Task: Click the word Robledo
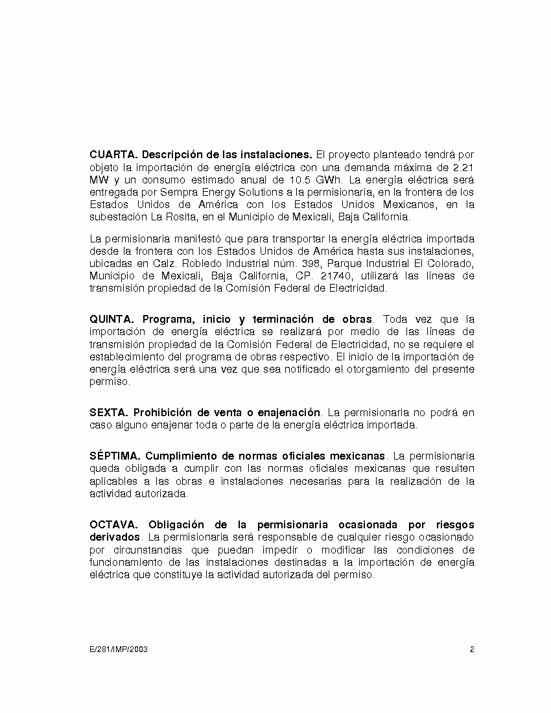click(163, 264)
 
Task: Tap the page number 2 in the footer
click(472, 649)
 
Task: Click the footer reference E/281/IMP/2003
click(119, 649)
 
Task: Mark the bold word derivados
click(115, 537)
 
